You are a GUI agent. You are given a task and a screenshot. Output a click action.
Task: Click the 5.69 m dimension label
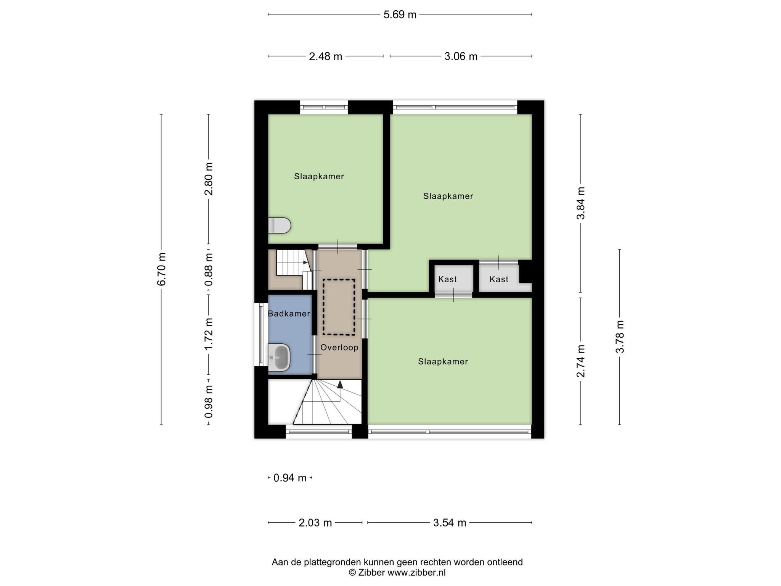point(400,15)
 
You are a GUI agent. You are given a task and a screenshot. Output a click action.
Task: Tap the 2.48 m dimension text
point(325,56)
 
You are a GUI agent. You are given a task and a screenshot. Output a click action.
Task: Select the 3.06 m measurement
point(461,56)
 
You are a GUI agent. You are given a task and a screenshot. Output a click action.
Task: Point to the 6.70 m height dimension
point(161,269)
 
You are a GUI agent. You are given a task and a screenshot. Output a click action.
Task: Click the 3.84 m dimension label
point(580,203)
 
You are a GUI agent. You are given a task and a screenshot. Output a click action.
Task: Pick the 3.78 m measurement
point(620,336)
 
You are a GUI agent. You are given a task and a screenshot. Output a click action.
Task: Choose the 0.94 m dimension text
point(290,478)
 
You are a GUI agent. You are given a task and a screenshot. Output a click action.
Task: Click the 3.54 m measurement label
point(450,523)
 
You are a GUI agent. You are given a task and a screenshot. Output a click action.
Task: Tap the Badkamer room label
point(289,314)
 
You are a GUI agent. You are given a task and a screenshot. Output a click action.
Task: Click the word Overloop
point(339,348)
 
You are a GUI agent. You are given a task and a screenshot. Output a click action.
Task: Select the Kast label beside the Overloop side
point(447,279)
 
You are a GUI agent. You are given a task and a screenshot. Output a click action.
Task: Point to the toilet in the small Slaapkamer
point(280,225)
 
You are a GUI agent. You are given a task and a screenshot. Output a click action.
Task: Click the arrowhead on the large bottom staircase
point(340,384)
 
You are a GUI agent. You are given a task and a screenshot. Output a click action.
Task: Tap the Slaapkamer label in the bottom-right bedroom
point(443,362)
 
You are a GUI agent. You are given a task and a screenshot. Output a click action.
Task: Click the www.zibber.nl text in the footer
point(416,572)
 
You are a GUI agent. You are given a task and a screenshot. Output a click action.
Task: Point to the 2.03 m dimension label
point(315,523)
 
